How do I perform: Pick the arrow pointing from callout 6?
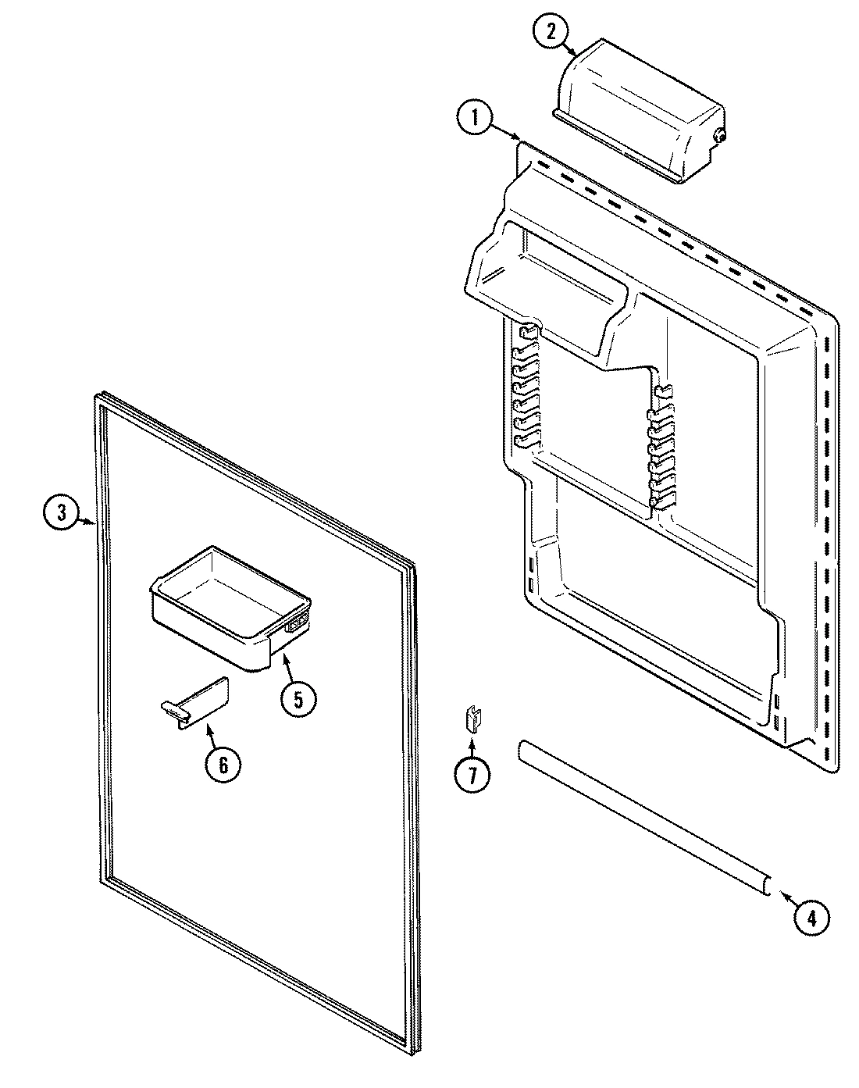(211, 734)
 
